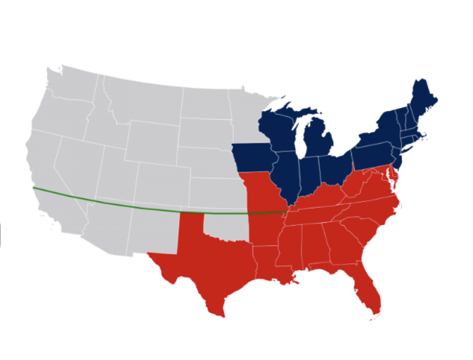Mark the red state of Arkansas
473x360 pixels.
pos(267,228)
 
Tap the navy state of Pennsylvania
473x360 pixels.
pos(372,154)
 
